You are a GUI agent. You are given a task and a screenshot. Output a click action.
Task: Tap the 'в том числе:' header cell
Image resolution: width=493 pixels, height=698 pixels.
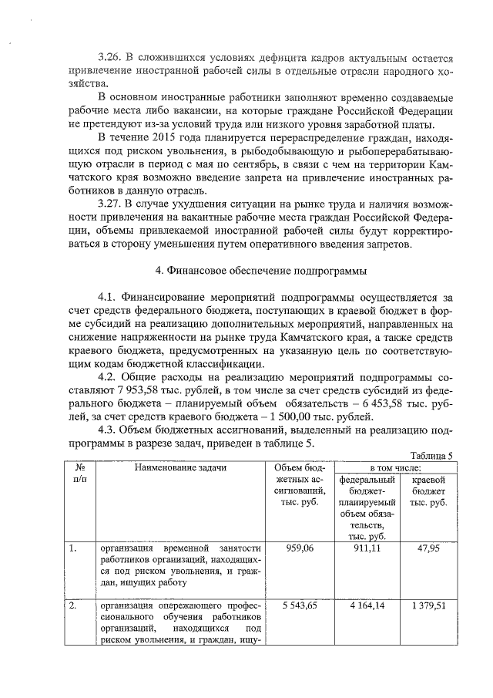[x=396, y=467]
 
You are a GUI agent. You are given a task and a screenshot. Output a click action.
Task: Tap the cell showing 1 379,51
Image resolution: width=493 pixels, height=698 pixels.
[x=429, y=606]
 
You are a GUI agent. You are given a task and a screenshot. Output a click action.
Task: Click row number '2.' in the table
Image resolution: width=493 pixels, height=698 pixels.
[x=72, y=606]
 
